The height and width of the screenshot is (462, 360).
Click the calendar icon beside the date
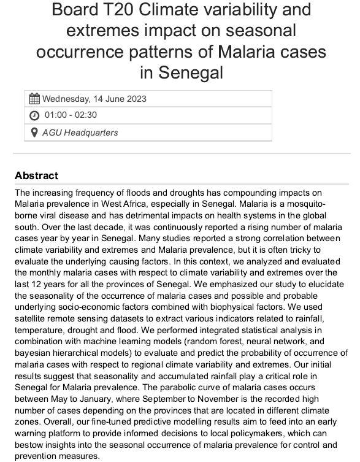[34, 99]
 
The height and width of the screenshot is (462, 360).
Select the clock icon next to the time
[34, 115]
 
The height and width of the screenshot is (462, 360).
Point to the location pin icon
[34, 132]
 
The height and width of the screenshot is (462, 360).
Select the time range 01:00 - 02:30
[71, 115]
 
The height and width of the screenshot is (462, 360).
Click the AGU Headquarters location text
[80, 132]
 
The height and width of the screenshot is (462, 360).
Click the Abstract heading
[36, 176]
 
